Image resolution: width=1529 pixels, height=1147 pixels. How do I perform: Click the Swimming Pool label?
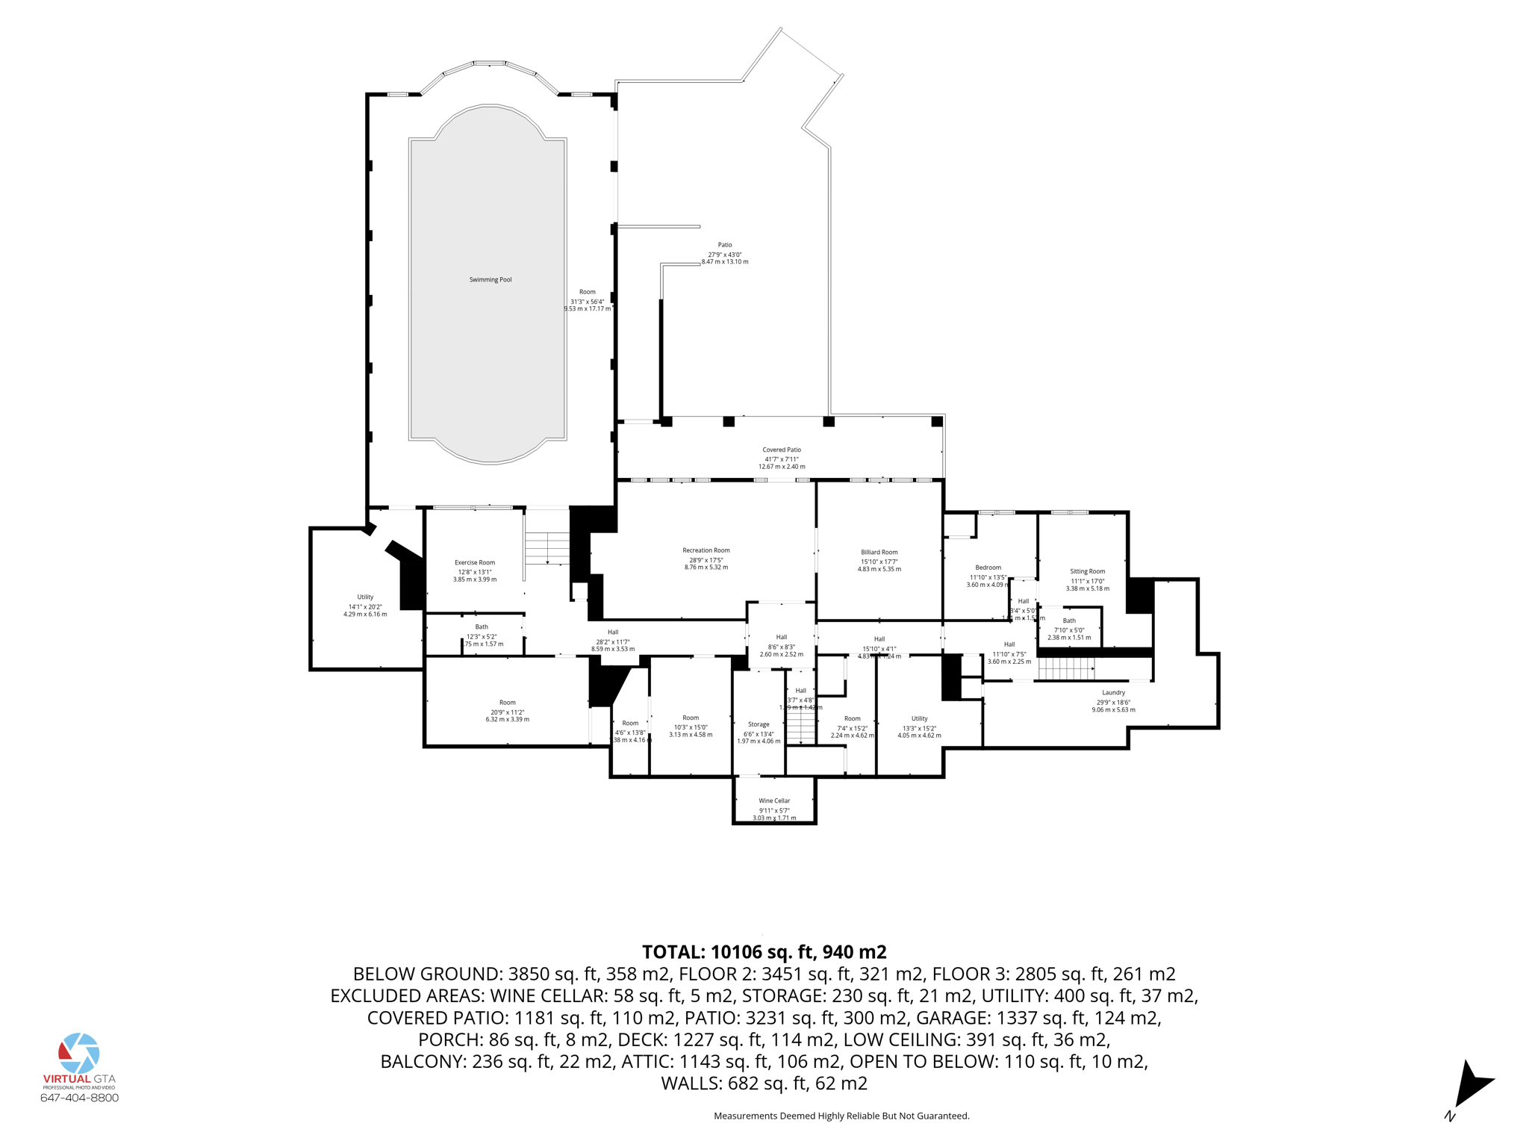pos(491,280)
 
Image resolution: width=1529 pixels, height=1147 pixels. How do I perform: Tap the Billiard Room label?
pos(879,553)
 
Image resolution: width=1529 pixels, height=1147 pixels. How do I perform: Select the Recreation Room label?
pos(706,550)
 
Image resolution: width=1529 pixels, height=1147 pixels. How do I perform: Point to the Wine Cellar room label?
pos(774,801)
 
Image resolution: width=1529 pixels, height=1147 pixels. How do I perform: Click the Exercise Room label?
pos(475,562)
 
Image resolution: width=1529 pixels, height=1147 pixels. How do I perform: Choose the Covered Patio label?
pos(782,450)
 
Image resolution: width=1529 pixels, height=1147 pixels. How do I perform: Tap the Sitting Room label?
pos(1087,571)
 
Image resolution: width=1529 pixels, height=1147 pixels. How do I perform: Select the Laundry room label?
pos(1113,692)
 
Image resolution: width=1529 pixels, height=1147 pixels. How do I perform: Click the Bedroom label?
pos(988,568)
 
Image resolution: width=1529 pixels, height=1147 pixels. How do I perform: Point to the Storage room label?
pos(759,724)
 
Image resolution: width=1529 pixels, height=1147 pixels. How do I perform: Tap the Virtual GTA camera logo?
pos(79,1054)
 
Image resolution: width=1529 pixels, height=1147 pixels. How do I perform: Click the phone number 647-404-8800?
pos(79,1098)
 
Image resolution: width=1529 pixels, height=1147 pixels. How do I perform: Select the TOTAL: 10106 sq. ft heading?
pos(764,952)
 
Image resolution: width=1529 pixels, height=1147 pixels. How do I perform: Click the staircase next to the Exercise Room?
pos(547,548)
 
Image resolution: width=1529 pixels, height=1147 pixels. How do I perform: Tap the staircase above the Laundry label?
pos(1066,668)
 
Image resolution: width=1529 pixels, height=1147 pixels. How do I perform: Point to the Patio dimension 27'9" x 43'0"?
pos(724,255)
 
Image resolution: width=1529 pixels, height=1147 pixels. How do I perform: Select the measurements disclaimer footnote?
pos(841,1116)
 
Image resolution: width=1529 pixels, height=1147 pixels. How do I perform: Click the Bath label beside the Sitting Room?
pos(1069,621)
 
